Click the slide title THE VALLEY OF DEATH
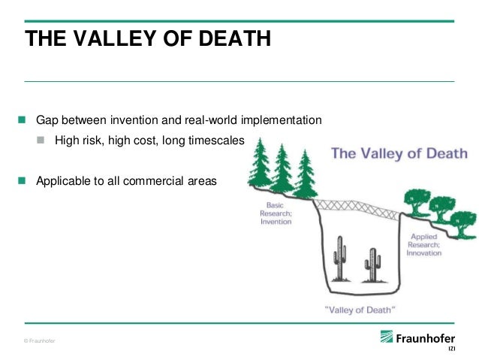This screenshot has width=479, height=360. [147, 39]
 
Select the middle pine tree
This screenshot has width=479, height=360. [282, 169]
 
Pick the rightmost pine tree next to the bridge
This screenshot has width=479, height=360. [306, 175]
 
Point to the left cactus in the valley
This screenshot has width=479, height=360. [342, 260]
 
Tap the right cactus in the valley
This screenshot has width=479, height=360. [371, 265]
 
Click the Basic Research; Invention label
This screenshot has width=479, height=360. [276, 216]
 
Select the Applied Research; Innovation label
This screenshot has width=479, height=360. [424, 246]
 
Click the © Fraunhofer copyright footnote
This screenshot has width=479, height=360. [39, 341]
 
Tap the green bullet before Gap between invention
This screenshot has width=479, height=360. [22, 120]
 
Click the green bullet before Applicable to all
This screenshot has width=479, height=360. [22, 180]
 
